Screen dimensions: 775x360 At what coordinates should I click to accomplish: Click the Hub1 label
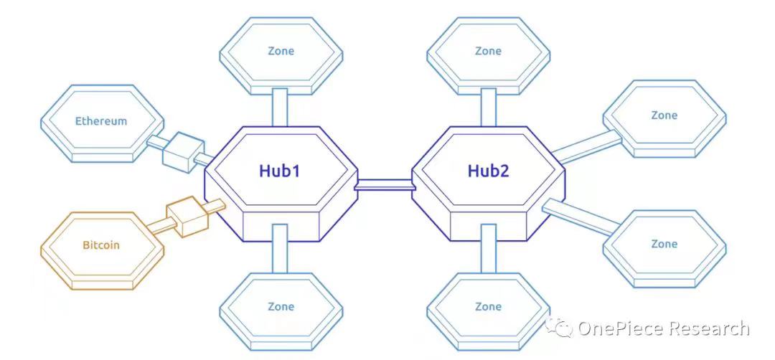click(280, 171)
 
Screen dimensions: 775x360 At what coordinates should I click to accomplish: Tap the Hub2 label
click(489, 171)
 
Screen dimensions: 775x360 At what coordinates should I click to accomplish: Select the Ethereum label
click(101, 121)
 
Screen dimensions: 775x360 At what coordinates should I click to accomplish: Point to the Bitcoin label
click(101, 245)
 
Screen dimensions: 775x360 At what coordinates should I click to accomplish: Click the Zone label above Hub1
click(281, 51)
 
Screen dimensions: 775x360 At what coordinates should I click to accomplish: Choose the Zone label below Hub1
click(281, 307)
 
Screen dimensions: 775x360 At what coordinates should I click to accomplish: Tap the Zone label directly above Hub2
click(489, 51)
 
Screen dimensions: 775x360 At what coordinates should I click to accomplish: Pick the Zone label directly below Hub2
click(489, 307)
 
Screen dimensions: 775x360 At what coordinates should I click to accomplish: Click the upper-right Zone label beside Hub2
click(664, 115)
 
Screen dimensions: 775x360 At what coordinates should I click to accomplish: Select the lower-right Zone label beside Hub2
click(664, 244)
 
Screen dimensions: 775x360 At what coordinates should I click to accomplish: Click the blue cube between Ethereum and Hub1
click(183, 151)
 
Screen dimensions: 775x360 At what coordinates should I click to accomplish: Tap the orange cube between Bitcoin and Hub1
click(187, 216)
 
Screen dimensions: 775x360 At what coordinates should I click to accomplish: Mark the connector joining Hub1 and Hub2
click(385, 184)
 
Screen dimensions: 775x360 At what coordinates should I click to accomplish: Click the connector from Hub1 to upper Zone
click(281, 107)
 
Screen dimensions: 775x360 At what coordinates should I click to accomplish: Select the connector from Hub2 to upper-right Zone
click(587, 147)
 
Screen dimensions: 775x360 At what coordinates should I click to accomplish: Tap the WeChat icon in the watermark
click(559, 327)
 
